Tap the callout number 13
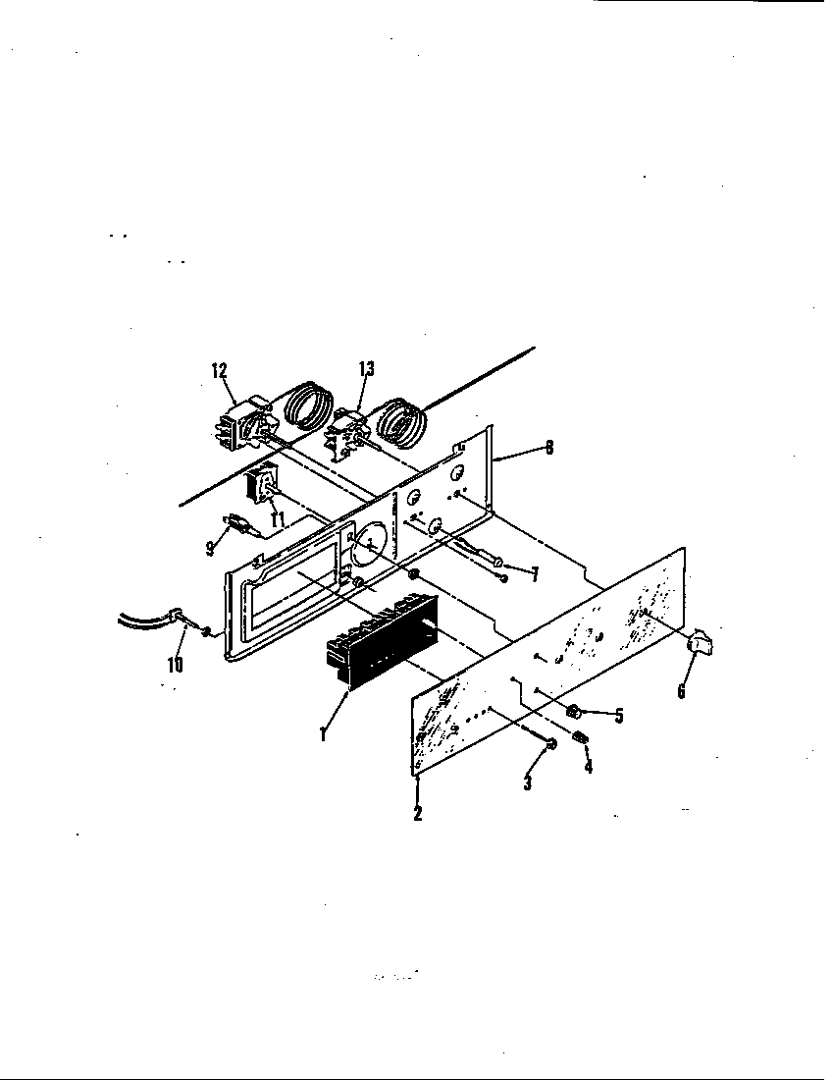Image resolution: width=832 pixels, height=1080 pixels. pos(366,369)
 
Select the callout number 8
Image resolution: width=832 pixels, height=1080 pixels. pos(548,448)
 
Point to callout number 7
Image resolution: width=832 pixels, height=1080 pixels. pos(534,575)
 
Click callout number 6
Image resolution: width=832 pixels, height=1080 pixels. pos(682,690)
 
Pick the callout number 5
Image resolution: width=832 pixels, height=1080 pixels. pos(619,716)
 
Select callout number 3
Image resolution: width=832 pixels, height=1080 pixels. pos(528,784)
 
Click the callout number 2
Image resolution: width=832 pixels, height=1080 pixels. pos(418,813)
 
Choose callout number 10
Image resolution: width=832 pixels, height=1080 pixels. pos(174,664)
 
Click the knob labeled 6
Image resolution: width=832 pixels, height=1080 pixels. pos(701,643)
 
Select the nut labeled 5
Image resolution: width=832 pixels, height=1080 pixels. pos(572,710)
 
